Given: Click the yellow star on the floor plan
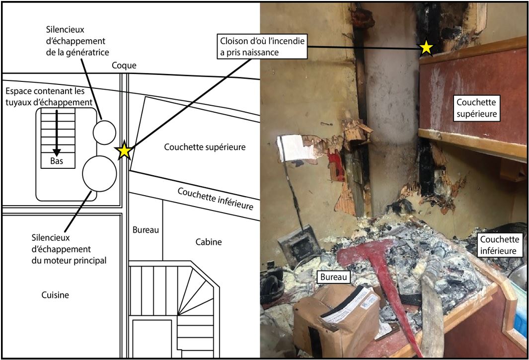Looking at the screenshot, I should point(124,151).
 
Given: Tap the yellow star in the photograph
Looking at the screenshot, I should point(426,47).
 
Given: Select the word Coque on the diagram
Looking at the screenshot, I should point(124,65).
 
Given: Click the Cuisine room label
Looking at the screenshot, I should point(55,295).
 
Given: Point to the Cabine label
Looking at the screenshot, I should point(208,242).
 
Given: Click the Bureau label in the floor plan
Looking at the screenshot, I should point(146,230).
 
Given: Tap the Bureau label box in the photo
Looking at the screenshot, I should point(333,277).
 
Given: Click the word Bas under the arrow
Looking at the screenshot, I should point(56,160).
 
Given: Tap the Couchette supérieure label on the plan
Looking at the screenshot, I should point(205,147).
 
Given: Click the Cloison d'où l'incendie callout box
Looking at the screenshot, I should point(262,46).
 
